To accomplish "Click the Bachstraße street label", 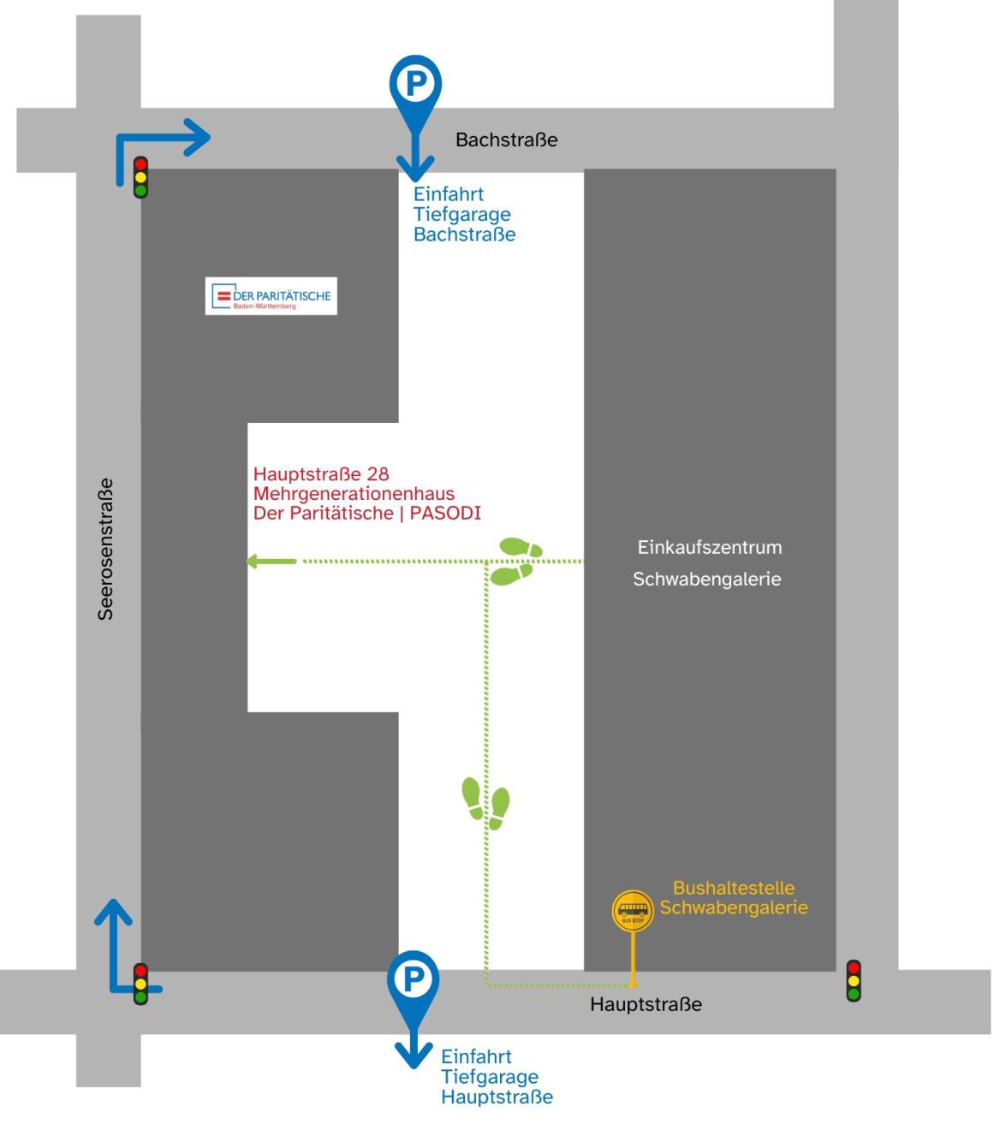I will click(506, 140).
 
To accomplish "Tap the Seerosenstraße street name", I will click(105, 548).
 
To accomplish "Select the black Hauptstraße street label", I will click(646, 1004).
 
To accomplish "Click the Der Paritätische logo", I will click(271, 296).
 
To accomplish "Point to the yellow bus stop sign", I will click(633, 911).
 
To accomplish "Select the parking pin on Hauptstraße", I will click(413, 979).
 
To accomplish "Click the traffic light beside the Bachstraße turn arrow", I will click(140, 177).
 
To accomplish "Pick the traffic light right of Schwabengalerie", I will click(853, 981).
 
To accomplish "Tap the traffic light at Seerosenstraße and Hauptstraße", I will click(140, 984).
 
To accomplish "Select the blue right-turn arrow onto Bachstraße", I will click(162, 146).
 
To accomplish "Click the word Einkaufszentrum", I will click(709, 547).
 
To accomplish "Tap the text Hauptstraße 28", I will click(321, 474).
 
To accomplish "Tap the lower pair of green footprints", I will click(485, 804).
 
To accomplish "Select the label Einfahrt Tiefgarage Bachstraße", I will click(464, 214).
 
